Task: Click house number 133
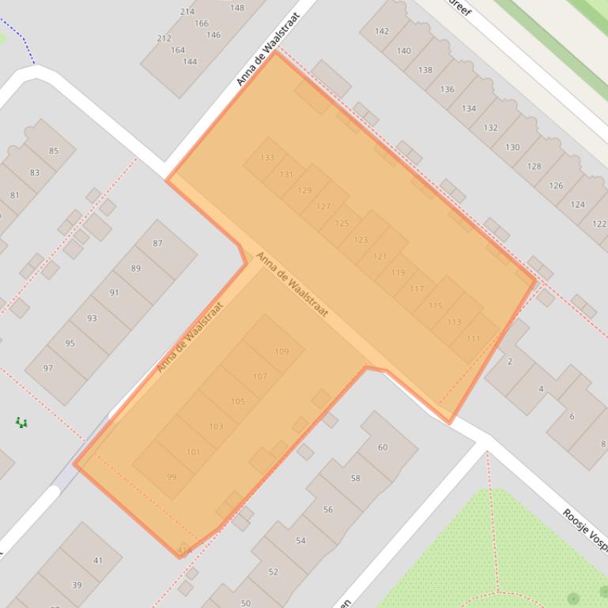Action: [x=267, y=158]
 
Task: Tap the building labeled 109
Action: [x=281, y=351]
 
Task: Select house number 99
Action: [x=172, y=477]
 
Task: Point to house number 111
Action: [x=473, y=339]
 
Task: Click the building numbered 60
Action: [x=383, y=447]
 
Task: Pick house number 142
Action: [x=382, y=32]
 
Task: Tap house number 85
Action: [x=54, y=151]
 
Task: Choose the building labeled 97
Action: [x=48, y=368]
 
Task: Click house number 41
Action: [x=98, y=561]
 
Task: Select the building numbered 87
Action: [x=158, y=243]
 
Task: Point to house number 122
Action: [x=599, y=224]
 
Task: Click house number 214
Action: [x=187, y=12]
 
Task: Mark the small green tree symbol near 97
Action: [x=21, y=423]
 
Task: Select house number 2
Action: [x=509, y=362]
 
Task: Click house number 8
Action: [x=602, y=444]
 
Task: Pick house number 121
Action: [x=380, y=257]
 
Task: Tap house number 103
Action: [x=216, y=426]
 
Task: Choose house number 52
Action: [x=273, y=572]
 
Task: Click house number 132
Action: [x=490, y=128]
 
